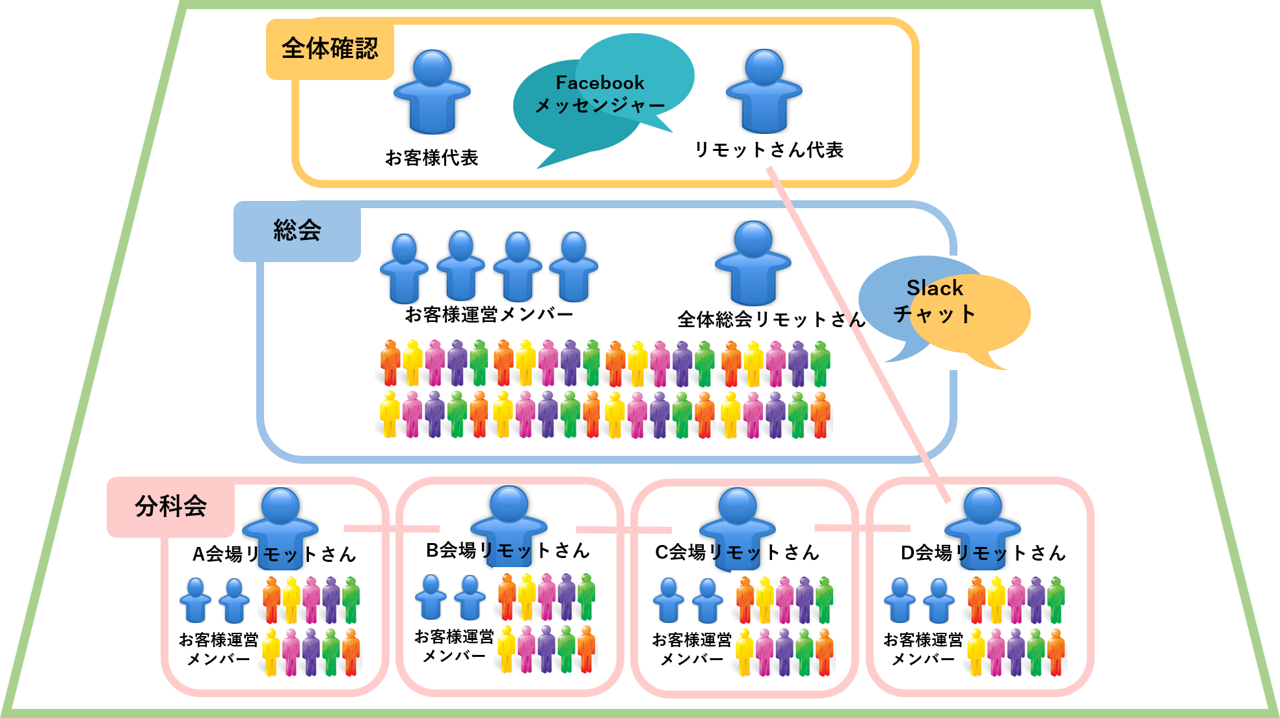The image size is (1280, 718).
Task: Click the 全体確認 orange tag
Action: click(x=330, y=49)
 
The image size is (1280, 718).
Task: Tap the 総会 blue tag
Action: click(x=297, y=231)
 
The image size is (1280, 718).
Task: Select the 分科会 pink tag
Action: click(x=170, y=507)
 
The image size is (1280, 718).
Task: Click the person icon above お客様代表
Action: click(x=432, y=92)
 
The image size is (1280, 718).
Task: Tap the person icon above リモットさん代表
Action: click(x=764, y=91)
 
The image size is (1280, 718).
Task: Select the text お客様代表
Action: click(x=432, y=157)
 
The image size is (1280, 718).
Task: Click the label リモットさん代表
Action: click(x=769, y=150)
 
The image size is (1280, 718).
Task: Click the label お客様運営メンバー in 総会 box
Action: click(x=489, y=315)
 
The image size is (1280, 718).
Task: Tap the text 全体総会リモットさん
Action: click(x=771, y=319)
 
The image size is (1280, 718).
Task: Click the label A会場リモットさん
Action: click(x=274, y=554)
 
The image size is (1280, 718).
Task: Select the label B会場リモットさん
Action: click(x=508, y=551)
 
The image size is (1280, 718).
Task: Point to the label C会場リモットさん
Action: click(x=737, y=553)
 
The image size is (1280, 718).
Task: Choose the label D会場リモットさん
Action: click(x=983, y=553)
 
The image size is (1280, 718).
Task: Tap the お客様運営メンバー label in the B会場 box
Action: click(x=454, y=646)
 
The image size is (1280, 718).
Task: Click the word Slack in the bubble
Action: click(x=935, y=288)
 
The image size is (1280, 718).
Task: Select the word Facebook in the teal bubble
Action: click(x=600, y=83)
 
